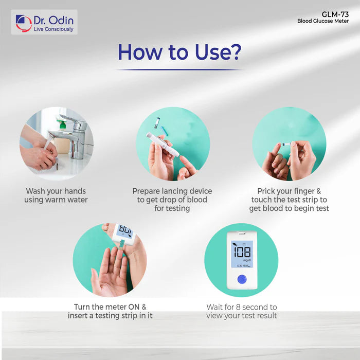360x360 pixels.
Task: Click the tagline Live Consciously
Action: click(53, 29)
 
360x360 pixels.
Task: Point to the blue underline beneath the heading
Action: click(178, 69)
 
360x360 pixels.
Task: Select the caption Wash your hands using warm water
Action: click(56, 195)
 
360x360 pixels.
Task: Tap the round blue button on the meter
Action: click(241, 279)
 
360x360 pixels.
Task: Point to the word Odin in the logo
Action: click(62, 21)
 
